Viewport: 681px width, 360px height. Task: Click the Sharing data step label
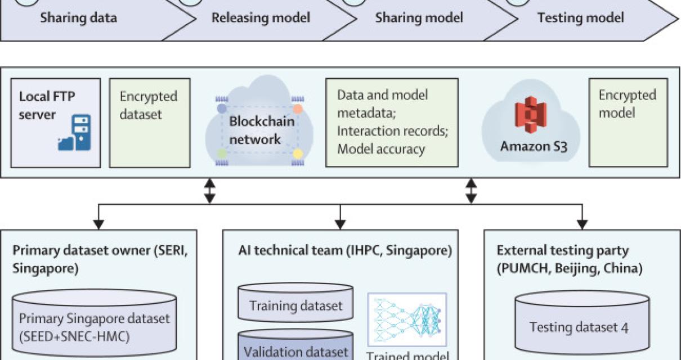[x=78, y=18]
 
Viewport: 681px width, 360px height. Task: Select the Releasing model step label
[x=261, y=18]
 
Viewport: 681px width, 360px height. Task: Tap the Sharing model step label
[x=419, y=18]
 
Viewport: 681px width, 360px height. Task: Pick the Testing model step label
[x=580, y=18]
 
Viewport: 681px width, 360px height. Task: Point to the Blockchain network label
[x=262, y=130]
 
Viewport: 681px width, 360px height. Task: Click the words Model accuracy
[x=381, y=149]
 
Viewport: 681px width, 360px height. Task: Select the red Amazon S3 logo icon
[x=528, y=118]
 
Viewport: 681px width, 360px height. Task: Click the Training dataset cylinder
[x=295, y=307]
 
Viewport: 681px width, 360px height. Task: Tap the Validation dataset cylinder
[x=295, y=347]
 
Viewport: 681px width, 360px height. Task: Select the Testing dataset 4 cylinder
[x=579, y=326]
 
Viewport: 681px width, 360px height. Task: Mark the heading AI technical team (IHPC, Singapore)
[x=344, y=251]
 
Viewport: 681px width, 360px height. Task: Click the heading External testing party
[x=563, y=251]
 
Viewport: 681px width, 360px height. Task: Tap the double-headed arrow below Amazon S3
[x=472, y=191]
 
